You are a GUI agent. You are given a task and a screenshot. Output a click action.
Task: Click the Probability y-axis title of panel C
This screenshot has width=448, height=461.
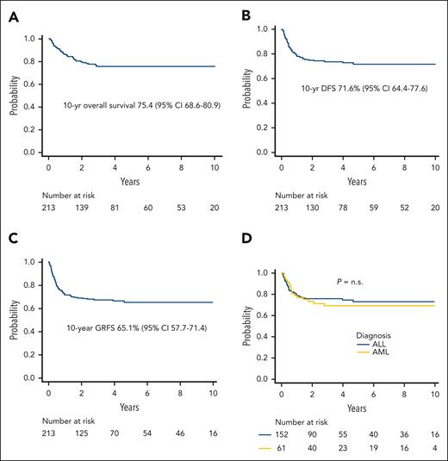12,320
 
